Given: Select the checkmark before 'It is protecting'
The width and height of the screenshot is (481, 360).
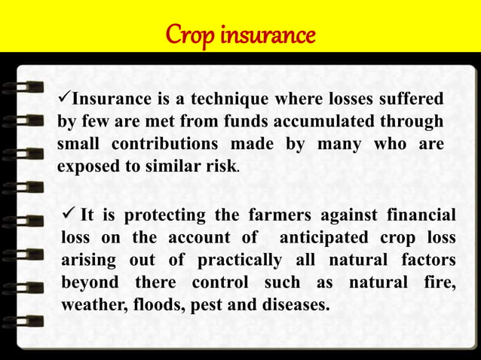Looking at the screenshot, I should [69, 214].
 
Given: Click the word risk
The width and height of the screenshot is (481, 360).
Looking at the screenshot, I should [221, 166].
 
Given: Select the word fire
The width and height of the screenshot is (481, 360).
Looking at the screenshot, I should [442, 283].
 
